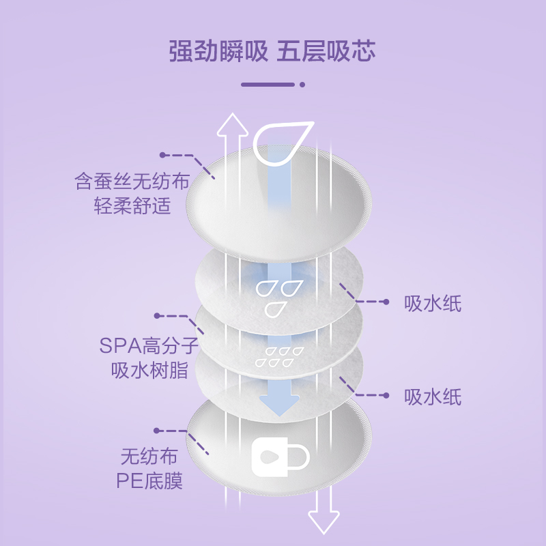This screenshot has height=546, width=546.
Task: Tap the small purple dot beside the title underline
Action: pos(302,85)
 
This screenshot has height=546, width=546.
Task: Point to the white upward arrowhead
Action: pos(233,124)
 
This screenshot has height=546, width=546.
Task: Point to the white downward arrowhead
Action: pos(324,521)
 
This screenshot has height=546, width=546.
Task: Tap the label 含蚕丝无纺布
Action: pos(131,182)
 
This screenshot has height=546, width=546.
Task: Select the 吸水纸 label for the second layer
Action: pos(433,304)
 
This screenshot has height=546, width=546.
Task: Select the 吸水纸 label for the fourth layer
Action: pos(433,397)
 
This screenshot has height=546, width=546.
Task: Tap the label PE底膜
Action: pos(150,482)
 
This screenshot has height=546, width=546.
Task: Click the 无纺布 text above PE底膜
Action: pos(150,455)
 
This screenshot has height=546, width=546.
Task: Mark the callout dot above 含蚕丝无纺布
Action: pos(162,156)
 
